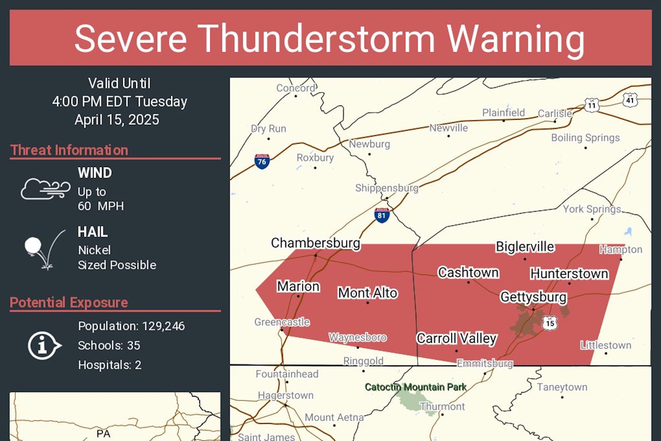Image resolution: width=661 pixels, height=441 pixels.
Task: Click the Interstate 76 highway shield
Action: click(x=262, y=161)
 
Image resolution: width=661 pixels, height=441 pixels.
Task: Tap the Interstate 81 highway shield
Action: click(x=382, y=215)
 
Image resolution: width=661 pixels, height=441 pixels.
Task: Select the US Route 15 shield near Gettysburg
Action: click(x=550, y=323)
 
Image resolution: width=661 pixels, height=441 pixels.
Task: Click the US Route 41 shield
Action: click(x=630, y=100)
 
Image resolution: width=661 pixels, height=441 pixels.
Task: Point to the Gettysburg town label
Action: click(x=533, y=297)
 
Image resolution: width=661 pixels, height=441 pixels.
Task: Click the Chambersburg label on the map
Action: click(x=315, y=243)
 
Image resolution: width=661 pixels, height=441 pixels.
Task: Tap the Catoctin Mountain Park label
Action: click(x=415, y=387)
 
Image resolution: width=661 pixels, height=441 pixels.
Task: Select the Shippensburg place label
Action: click(x=386, y=188)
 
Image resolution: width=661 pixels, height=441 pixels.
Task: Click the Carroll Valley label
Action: click(x=457, y=338)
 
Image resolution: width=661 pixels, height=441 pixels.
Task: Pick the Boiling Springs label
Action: click(x=585, y=138)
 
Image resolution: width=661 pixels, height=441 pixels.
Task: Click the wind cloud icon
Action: click(x=45, y=189)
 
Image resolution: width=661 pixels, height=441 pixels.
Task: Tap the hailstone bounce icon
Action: click(x=43, y=250)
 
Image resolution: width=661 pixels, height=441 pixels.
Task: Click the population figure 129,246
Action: click(x=163, y=326)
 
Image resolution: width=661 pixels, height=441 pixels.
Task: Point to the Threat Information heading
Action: click(x=69, y=150)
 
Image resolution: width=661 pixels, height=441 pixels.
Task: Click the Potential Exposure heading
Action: click(x=69, y=302)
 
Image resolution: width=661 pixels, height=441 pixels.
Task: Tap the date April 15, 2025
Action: click(x=117, y=120)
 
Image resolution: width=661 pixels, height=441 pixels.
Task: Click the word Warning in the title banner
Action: click(x=516, y=39)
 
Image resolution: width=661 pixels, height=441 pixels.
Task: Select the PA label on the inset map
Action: click(x=103, y=433)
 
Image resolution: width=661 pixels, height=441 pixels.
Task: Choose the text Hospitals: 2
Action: click(x=110, y=365)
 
